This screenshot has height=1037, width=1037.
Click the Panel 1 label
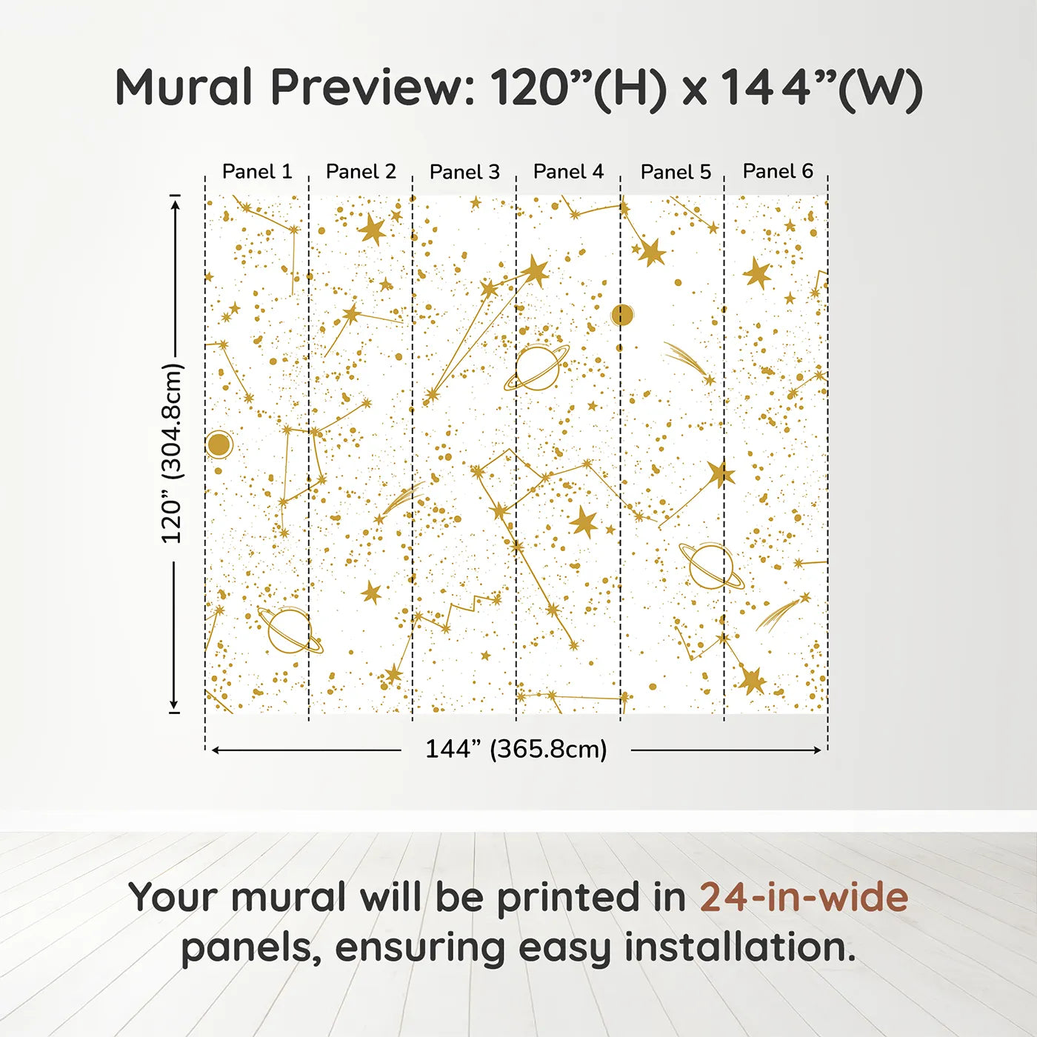257,172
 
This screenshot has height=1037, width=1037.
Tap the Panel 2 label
361,172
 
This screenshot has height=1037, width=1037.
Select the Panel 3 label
464,172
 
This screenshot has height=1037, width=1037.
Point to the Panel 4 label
568,172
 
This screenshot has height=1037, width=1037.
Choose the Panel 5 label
676,172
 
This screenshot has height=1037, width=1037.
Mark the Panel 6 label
778,171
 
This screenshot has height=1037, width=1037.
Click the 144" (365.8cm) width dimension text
516,749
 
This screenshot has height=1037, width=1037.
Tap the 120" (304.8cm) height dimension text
172,453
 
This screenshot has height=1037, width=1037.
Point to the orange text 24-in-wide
804,897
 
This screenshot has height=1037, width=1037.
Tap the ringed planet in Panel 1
289,630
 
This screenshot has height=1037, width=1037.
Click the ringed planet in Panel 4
537,367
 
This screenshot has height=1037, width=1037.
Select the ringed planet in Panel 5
711,566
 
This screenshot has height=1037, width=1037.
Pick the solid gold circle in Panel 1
219,444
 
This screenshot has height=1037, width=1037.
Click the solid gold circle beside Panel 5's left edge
622,315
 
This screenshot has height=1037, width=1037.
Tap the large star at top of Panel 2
372,229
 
